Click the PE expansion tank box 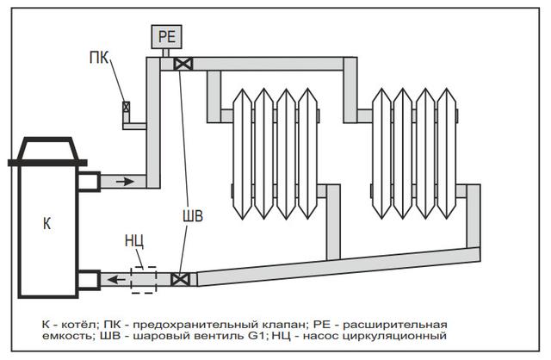click(x=166, y=36)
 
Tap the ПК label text click(x=99, y=58)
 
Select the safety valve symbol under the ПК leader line click(x=126, y=107)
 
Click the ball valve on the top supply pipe click(x=183, y=64)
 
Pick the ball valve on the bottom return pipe click(x=180, y=280)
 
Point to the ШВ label click(x=193, y=216)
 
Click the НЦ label click(x=134, y=241)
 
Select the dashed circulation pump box click(x=144, y=280)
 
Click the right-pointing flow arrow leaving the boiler click(x=125, y=182)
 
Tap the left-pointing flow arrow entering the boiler click(x=116, y=280)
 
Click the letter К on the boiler click(x=47, y=224)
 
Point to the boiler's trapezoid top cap click(x=48, y=149)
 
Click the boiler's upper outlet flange click(x=89, y=182)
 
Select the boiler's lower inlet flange click(x=89, y=280)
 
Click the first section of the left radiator click(x=243, y=154)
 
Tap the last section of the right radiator click(x=447, y=154)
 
